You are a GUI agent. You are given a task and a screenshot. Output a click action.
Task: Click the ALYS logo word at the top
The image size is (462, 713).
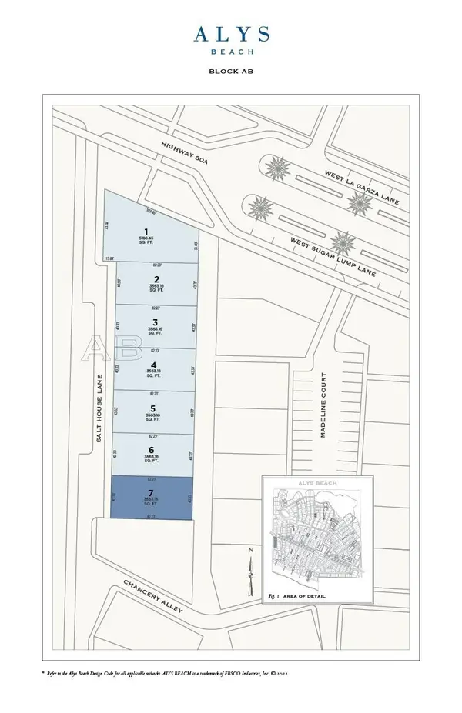[x=231, y=34]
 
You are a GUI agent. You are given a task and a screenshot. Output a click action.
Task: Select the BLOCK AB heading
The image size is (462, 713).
[x=231, y=71]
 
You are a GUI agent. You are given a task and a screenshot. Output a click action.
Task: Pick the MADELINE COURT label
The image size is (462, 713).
[x=324, y=405]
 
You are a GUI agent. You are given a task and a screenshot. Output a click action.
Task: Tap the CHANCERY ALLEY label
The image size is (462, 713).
[x=152, y=597]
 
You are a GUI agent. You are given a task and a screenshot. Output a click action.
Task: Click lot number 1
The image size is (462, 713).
[x=145, y=231]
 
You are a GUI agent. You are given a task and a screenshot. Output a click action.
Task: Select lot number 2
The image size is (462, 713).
[x=156, y=279]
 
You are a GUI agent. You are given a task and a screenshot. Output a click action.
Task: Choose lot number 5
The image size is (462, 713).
[x=153, y=408]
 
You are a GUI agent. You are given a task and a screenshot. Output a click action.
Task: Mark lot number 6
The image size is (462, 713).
[x=152, y=451]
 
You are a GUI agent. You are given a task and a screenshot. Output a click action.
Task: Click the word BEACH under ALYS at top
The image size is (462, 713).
[x=231, y=52]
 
